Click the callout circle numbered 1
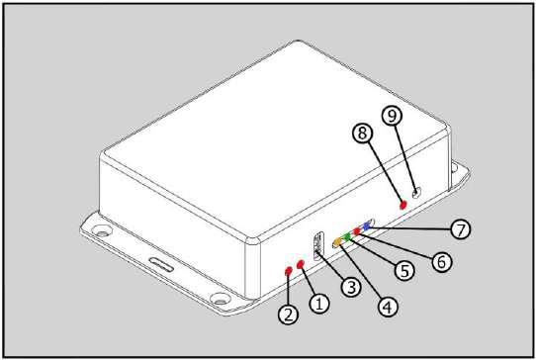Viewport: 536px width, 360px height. [x=319, y=303]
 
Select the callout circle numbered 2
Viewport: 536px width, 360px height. [x=289, y=315]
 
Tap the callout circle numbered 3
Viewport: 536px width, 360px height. [x=351, y=287]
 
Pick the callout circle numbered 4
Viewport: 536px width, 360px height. [x=388, y=307]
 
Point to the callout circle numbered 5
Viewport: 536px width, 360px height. [x=404, y=270]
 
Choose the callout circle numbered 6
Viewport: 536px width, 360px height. [x=442, y=262]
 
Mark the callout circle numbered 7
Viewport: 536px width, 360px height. [x=461, y=229]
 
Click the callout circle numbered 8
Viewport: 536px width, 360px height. [x=363, y=133]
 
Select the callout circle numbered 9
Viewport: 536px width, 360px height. [x=392, y=115]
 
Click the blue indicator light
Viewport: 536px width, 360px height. [x=367, y=225]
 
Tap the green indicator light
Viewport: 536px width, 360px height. [x=347, y=236]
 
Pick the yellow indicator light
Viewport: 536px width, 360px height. [x=337, y=242]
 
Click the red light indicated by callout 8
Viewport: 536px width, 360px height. [x=403, y=205]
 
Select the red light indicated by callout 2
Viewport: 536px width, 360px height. [x=288, y=271]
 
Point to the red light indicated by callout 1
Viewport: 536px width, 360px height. [x=301, y=264]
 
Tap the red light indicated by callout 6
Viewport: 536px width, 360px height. [x=357, y=231]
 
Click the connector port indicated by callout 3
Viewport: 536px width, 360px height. [x=318, y=246]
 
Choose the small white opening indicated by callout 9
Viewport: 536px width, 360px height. [x=416, y=193]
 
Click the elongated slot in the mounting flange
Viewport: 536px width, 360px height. [x=161, y=265]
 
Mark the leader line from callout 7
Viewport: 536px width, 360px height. [x=410, y=227]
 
